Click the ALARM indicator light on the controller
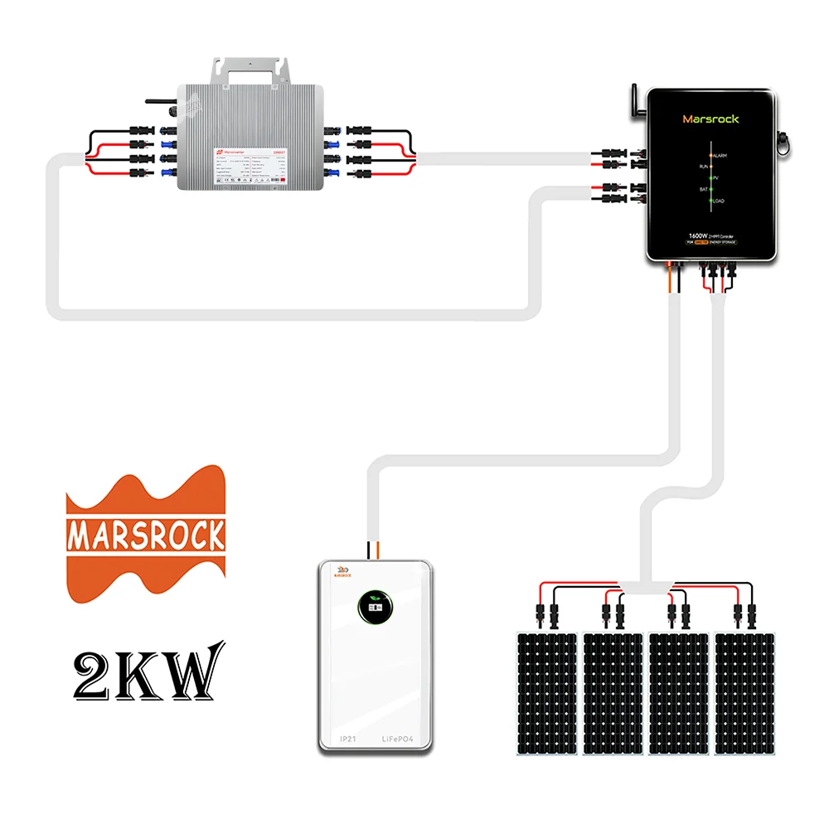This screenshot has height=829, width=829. click(710, 155)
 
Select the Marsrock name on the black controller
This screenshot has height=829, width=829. click(710, 119)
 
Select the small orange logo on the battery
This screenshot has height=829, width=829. click(339, 571)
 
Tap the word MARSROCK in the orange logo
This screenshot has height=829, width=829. click(146, 536)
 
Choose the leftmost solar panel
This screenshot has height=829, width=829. click(547, 693)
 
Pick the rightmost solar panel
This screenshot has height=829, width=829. click(746, 693)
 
